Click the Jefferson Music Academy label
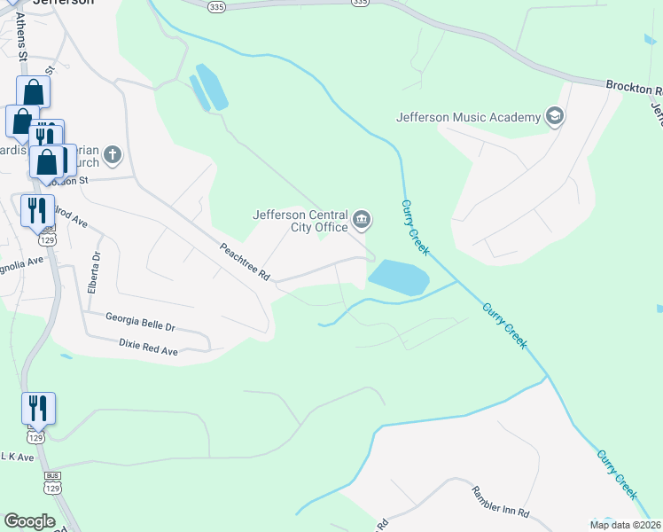coord(468,117)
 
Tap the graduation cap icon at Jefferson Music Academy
coord(555,117)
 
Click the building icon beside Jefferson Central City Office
coord(362,219)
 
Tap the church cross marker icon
coord(113,156)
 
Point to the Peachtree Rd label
coord(244,262)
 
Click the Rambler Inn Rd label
coord(500,502)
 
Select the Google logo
coord(29,521)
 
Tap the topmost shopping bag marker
coord(33,92)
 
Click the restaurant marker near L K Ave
coord(38,409)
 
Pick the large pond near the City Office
coord(398,278)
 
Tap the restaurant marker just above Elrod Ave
coord(38,211)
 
